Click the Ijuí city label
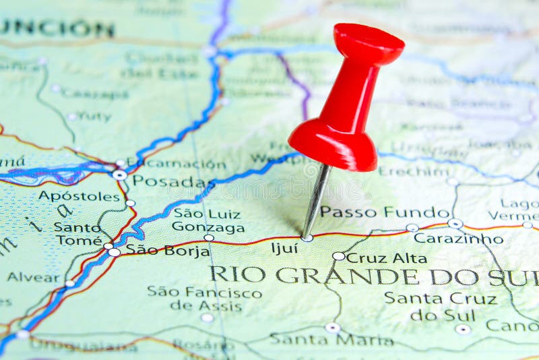click(284, 248)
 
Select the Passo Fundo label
click(384, 212)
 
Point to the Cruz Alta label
click(387, 258)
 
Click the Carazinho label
click(458, 238)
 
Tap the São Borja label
click(159, 249)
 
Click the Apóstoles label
click(79, 196)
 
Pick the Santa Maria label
click(331, 339)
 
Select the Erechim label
click(413, 171)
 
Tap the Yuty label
click(94, 117)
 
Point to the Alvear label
click(34, 277)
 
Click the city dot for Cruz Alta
click(338, 256)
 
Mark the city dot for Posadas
click(119, 175)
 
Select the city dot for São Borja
click(115, 252)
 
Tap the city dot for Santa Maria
click(332, 328)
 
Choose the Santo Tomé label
click(78, 233)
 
